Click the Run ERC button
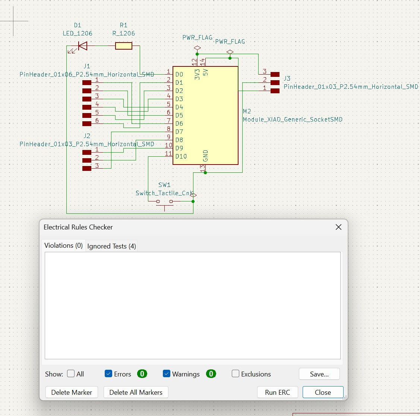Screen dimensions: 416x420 click(277, 392)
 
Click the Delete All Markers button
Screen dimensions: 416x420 click(136, 392)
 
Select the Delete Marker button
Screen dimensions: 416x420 click(72, 392)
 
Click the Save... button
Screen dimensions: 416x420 click(319, 374)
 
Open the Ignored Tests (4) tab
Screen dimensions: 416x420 click(111, 246)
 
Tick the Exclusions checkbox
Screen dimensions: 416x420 click(236, 373)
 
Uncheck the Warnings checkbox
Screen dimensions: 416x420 click(167, 373)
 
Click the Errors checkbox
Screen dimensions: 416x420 click(108, 373)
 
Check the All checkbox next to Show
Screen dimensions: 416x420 click(71, 373)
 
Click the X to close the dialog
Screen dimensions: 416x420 click(338, 227)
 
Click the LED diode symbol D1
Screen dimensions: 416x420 click(82, 46)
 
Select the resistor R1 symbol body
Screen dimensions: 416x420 click(123, 46)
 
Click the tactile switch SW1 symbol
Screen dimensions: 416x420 click(164, 202)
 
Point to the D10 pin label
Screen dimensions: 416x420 click(181, 156)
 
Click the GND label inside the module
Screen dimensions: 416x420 click(205, 156)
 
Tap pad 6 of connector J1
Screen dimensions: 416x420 click(87, 123)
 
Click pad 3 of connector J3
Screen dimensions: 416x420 click(275, 74)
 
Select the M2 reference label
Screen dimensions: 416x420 click(247, 111)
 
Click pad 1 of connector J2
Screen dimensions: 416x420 click(87, 152)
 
